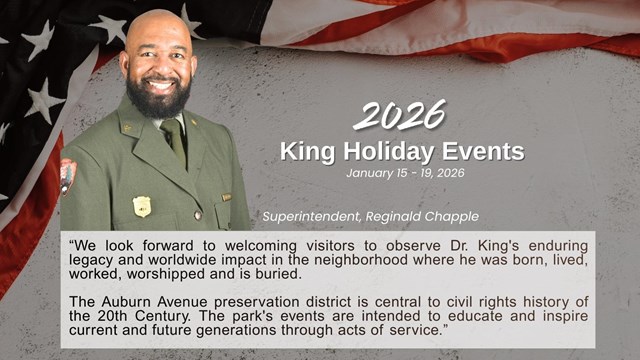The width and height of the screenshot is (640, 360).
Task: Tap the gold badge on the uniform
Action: click(x=142, y=206)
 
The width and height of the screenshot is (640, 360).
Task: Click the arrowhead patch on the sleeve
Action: click(x=68, y=174)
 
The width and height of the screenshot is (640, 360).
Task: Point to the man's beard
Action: click(x=159, y=95)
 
